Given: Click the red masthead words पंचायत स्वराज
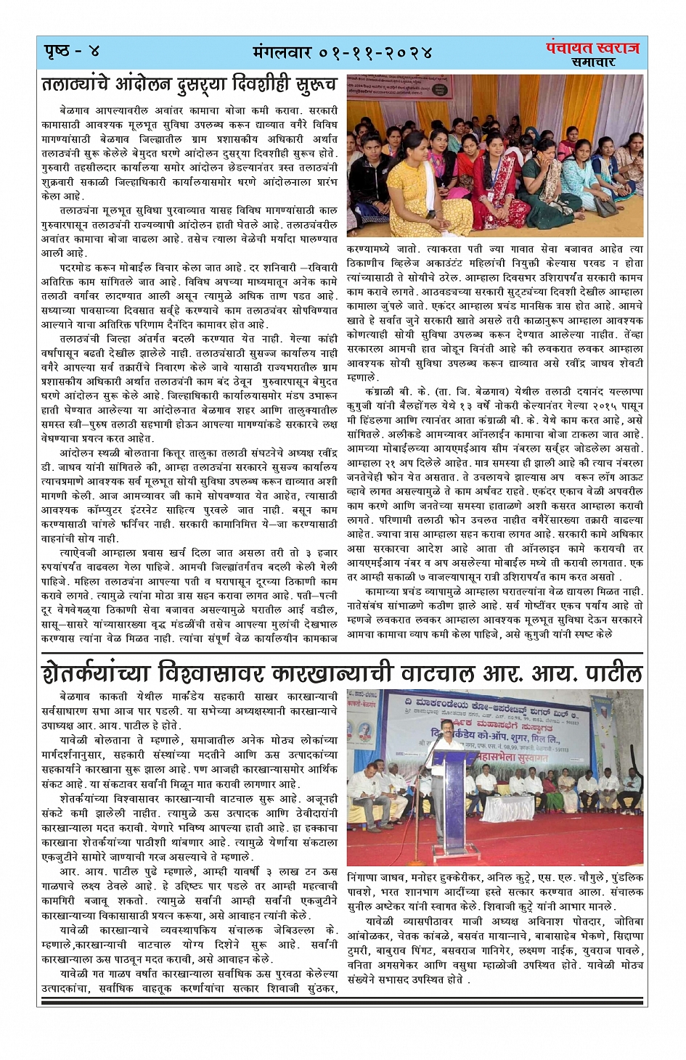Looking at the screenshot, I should [x=592, y=48].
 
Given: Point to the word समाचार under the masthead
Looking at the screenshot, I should [x=592, y=63].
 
